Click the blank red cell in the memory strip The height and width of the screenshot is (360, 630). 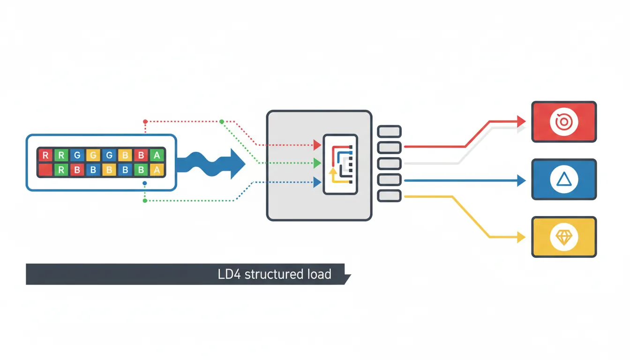(x=45, y=170)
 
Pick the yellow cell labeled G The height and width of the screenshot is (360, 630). (x=93, y=155)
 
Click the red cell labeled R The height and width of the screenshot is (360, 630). (x=45, y=155)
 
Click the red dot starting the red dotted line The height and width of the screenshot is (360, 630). (x=145, y=121)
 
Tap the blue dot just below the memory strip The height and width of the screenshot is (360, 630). (x=145, y=183)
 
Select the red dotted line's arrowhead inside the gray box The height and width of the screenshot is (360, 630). (x=317, y=145)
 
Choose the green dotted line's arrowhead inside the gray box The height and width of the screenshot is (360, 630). (x=317, y=163)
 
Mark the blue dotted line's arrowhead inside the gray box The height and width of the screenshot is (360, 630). (x=317, y=181)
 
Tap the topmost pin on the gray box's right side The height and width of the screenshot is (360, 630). (x=389, y=131)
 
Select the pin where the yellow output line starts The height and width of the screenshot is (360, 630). (x=389, y=196)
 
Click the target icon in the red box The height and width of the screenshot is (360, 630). (x=563, y=122)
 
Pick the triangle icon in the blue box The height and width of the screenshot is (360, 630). (x=563, y=180)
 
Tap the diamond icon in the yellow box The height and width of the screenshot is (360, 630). (x=563, y=237)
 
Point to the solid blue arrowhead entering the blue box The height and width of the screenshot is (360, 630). (x=521, y=180)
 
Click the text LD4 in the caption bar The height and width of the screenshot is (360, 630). (x=229, y=274)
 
